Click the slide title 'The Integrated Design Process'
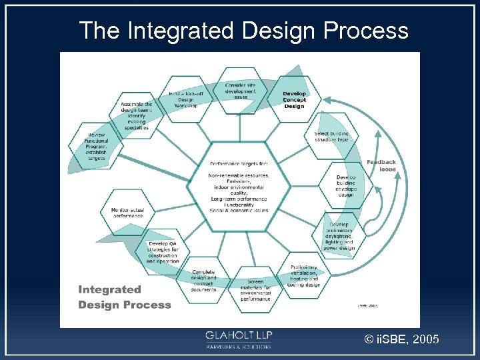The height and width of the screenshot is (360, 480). coord(243,30)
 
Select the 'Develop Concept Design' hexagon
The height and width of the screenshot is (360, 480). coord(294,100)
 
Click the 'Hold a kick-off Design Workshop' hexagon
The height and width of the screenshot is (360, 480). coord(187,101)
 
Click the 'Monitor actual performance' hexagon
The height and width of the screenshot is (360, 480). coord(127,213)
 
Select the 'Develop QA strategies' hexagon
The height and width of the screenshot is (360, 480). coord(162,253)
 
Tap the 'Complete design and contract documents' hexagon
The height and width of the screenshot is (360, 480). coord(203,281)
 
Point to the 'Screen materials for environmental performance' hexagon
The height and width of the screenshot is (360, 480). coord(255,291)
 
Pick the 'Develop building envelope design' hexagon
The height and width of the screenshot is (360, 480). coord(346,186)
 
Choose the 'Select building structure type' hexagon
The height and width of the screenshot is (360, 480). coord(331,137)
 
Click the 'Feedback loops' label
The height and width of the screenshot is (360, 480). coord(381,165)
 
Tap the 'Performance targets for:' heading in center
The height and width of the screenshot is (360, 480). coord(239,163)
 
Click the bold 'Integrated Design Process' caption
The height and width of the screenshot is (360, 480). coord(124,297)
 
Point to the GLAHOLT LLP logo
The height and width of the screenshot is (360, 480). coord(238,339)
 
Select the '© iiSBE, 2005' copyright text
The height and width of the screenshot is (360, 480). coord(401,340)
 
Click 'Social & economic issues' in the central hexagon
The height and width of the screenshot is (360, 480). coord(239,210)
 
